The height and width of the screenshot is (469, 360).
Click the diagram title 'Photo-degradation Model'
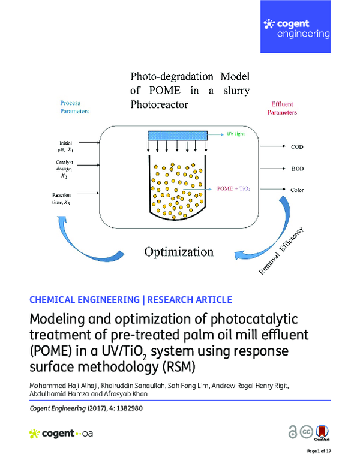point(190,77)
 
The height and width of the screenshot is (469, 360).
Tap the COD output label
point(297,146)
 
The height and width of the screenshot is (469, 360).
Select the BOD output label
point(297,169)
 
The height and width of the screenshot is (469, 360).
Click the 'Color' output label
point(297,190)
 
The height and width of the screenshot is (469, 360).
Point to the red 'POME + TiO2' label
point(233,188)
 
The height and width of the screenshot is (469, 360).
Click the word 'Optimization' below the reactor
point(178,251)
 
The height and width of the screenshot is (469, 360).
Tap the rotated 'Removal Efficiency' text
point(282,252)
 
